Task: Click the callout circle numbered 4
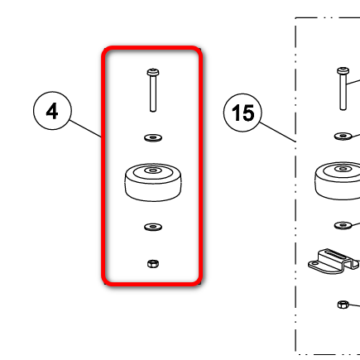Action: [x=52, y=111]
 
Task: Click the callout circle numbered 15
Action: [x=242, y=113]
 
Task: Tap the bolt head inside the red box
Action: [x=153, y=73]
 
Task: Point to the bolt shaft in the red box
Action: [x=153, y=94]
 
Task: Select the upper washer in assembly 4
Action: [x=153, y=137]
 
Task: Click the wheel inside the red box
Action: [x=153, y=182]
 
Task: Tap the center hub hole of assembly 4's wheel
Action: [x=153, y=170]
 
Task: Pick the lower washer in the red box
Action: [x=153, y=227]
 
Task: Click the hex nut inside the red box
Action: [x=153, y=264]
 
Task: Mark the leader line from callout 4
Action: [x=85, y=128]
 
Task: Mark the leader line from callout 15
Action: [x=278, y=132]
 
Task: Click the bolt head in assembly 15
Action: [x=343, y=71]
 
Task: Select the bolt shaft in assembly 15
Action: [x=343, y=92]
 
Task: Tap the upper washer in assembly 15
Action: [x=343, y=136]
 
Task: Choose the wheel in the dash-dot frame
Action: [x=338, y=180]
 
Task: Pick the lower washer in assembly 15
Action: [x=343, y=225]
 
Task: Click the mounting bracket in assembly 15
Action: [x=334, y=261]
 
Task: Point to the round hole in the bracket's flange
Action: [x=314, y=263]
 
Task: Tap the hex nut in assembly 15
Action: [x=343, y=305]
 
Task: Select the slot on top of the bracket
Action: [x=338, y=253]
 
